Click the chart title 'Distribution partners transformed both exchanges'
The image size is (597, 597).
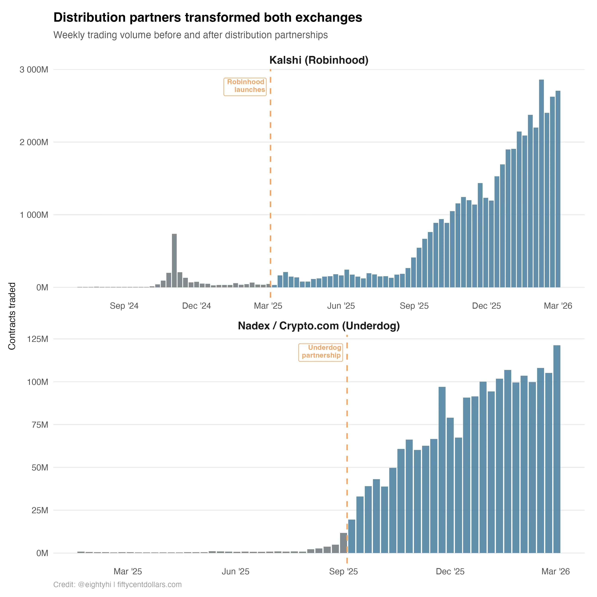pyautogui.click(x=208, y=18)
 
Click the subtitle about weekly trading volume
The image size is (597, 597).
pyautogui.click(x=190, y=35)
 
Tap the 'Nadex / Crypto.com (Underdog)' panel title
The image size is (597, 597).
pyautogui.click(x=319, y=326)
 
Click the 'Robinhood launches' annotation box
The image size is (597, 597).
pyautogui.click(x=245, y=86)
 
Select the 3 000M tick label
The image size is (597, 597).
pyautogui.click(x=34, y=70)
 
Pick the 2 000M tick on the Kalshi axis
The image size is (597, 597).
pyautogui.click(x=34, y=142)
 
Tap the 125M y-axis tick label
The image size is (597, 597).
pyautogui.click(x=38, y=339)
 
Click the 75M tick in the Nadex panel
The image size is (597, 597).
pyautogui.click(x=40, y=425)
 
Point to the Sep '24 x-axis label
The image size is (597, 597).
pyautogui.click(x=124, y=306)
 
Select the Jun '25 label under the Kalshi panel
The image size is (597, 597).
pyautogui.click(x=341, y=306)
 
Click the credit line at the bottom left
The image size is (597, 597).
pyautogui.click(x=117, y=585)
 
